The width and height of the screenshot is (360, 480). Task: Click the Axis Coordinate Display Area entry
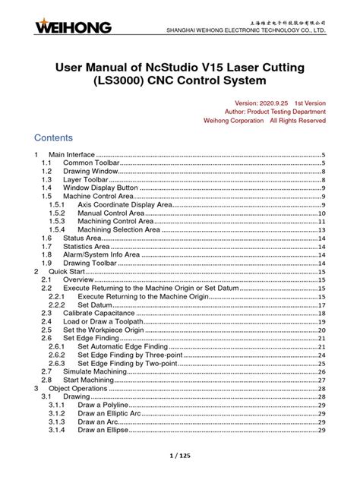click(x=126, y=204)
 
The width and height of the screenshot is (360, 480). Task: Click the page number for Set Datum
click(x=321, y=305)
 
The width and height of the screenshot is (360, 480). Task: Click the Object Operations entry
click(x=78, y=388)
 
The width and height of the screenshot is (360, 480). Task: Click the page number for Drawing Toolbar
click(x=321, y=263)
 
